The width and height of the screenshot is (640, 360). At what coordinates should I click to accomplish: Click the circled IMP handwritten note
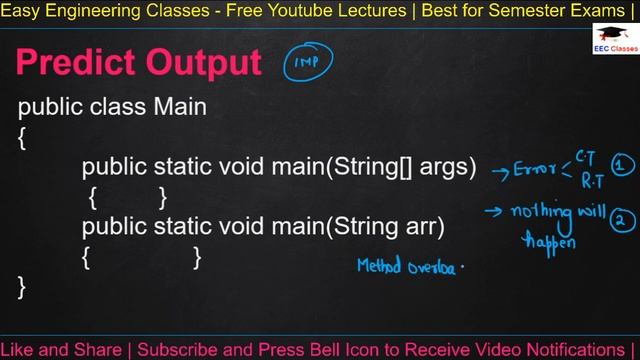(306, 62)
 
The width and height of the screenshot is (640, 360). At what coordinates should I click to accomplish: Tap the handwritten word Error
(534, 169)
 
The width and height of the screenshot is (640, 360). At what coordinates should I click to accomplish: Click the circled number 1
(622, 166)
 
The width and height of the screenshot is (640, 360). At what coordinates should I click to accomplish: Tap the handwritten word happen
(547, 241)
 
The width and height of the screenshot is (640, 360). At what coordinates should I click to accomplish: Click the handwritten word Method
(380, 267)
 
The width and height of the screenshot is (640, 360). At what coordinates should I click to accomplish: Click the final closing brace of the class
(23, 288)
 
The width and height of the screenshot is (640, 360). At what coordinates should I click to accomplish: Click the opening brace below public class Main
(23, 138)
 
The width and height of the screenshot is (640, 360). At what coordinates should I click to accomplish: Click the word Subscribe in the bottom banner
(178, 350)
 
